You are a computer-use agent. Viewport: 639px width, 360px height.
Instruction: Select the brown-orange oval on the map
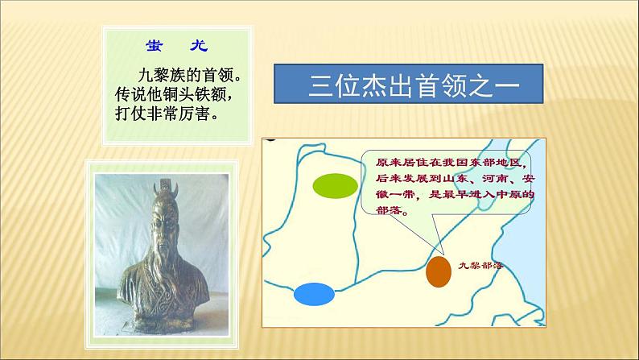439,271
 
